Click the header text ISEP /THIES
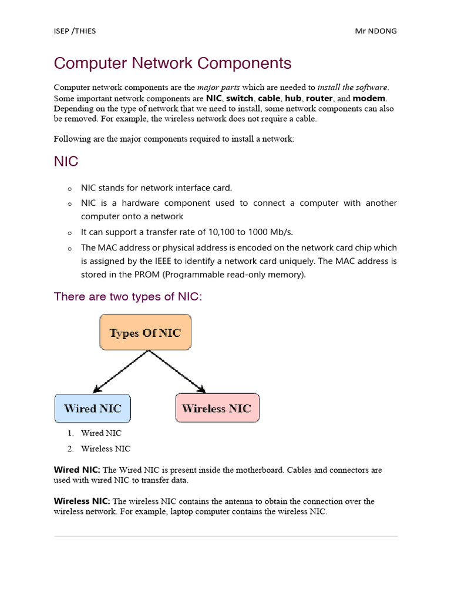pyautogui.click(x=75, y=31)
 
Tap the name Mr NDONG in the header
pyautogui.click(x=376, y=31)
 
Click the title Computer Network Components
pyautogui.click(x=173, y=63)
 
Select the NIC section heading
pyautogui.click(x=66, y=162)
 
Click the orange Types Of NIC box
pyautogui.click(x=145, y=333)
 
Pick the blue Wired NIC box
pyautogui.click(x=92, y=409)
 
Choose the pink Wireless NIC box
pyautogui.click(x=217, y=409)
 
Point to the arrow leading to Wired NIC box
pyautogui.click(x=121, y=372)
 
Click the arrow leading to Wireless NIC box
pyautogui.click(x=177, y=372)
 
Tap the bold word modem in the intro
pyautogui.click(x=369, y=98)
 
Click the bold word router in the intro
pyautogui.click(x=319, y=98)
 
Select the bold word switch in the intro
pyautogui.click(x=239, y=98)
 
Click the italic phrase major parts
pyautogui.click(x=218, y=88)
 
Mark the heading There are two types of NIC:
pyautogui.click(x=127, y=297)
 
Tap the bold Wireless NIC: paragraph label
pyautogui.click(x=82, y=501)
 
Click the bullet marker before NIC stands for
pyautogui.click(x=69, y=189)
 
